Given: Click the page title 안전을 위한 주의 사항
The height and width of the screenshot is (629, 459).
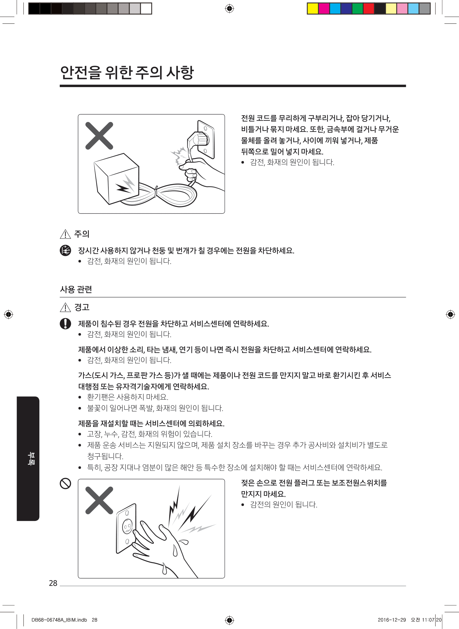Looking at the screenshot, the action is (127, 72).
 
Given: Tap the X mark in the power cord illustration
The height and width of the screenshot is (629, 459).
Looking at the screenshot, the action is (99, 136).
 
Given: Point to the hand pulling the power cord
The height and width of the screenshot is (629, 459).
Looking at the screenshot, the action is (198, 172).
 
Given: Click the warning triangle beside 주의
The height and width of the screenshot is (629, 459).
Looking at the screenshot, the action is (65, 234).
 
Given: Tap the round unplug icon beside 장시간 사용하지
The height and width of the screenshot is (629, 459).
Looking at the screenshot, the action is (65, 250).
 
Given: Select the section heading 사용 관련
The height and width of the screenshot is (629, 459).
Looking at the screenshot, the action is (76, 289).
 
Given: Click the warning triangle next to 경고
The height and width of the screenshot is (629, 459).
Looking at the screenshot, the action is (65, 307).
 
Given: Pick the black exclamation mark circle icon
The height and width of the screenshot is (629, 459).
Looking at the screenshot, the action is (65, 324).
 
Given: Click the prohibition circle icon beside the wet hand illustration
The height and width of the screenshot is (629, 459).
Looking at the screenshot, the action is (65, 483).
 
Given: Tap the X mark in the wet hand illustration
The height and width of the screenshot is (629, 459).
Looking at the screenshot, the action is (99, 500).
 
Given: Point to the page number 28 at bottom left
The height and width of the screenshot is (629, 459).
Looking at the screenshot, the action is (53, 583).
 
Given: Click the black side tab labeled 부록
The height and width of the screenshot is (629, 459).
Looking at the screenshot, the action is (28, 459).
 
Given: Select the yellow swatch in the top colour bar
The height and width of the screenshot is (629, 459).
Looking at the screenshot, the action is (313, 9).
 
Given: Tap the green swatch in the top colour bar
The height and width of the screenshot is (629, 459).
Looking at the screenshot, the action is (358, 9).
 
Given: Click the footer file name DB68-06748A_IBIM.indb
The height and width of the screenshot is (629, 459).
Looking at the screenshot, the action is (59, 620).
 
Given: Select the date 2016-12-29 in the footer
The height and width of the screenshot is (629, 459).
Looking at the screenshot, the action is (392, 620).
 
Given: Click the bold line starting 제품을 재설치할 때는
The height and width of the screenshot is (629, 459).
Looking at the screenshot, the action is (151, 423).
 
